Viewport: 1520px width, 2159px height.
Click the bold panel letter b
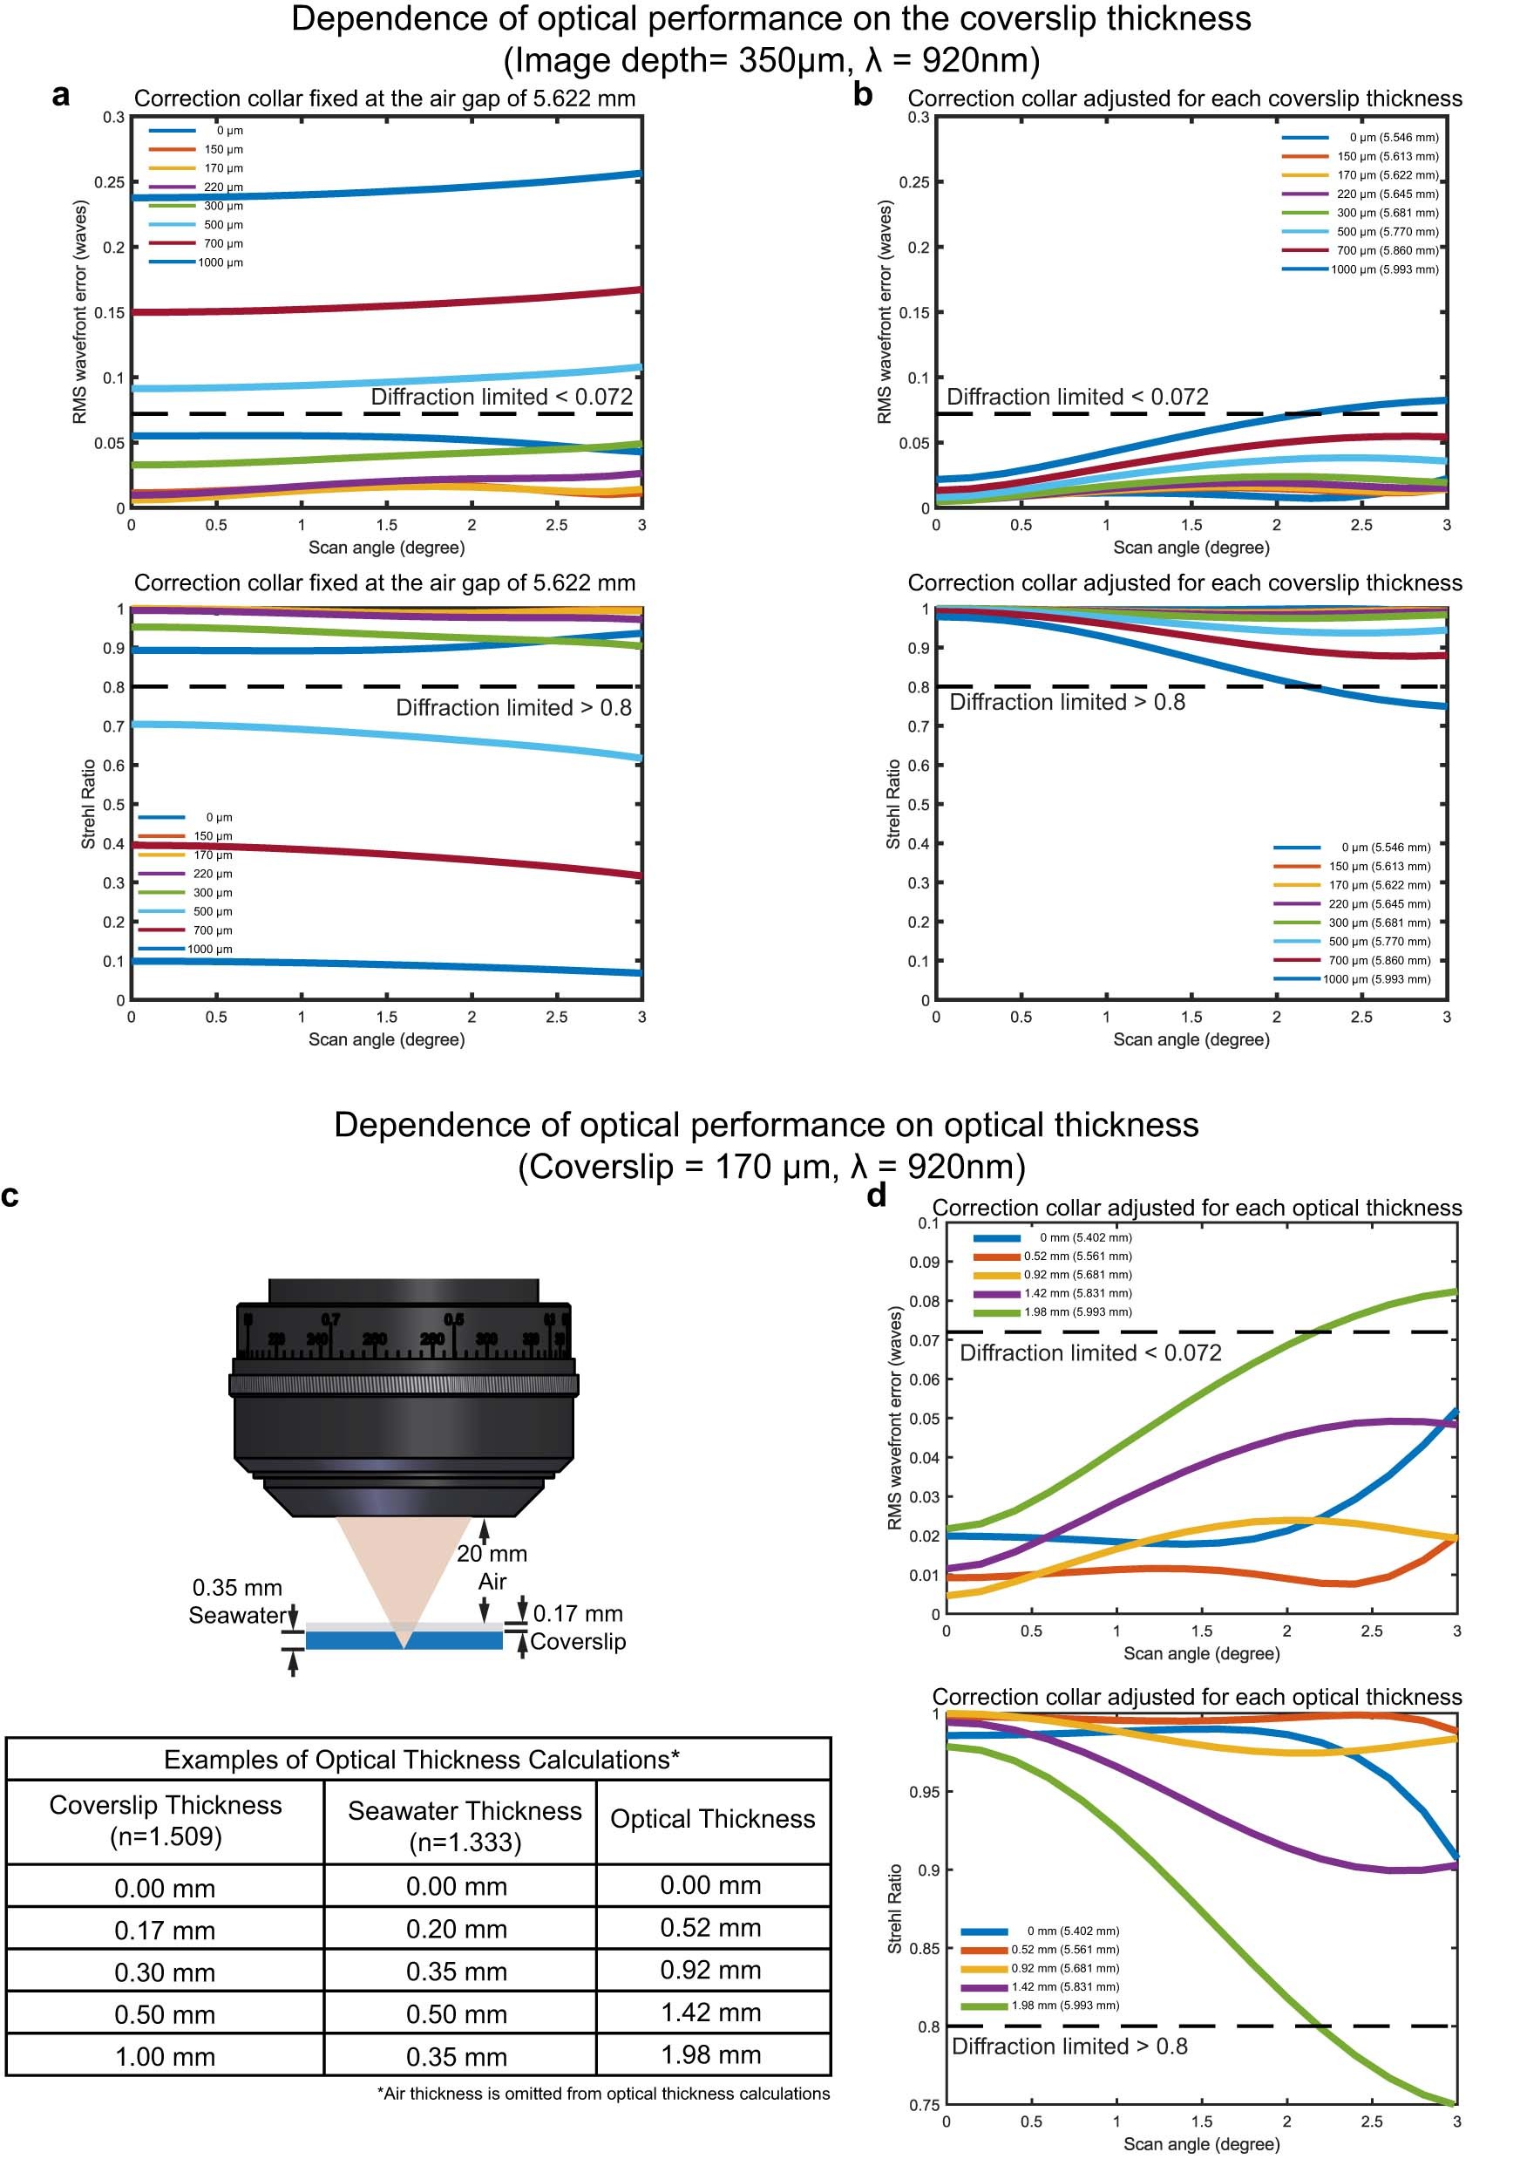[862, 95]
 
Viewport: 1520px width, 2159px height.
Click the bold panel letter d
[876, 1195]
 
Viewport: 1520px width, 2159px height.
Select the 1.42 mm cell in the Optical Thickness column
[710, 2013]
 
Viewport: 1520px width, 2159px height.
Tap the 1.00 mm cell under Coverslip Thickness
[165, 2056]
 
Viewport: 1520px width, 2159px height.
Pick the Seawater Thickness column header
[465, 1825]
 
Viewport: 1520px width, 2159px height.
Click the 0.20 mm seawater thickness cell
[457, 1930]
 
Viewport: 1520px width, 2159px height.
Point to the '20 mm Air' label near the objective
[492, 1567]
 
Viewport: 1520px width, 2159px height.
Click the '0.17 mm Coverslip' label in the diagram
[577, 1627]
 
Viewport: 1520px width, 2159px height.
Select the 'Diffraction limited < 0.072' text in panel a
[501, 397]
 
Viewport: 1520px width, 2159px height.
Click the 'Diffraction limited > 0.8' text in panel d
[1069, 2047]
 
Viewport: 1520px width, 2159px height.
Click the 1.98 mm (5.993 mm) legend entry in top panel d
[1077, 1311]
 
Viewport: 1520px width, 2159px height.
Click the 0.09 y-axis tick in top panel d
[923, 1262]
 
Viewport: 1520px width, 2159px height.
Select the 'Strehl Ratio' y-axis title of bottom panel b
[893, 804]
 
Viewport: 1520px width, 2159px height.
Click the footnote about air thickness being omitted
[602, 2094]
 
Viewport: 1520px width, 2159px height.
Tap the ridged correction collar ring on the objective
[404, 1384]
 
